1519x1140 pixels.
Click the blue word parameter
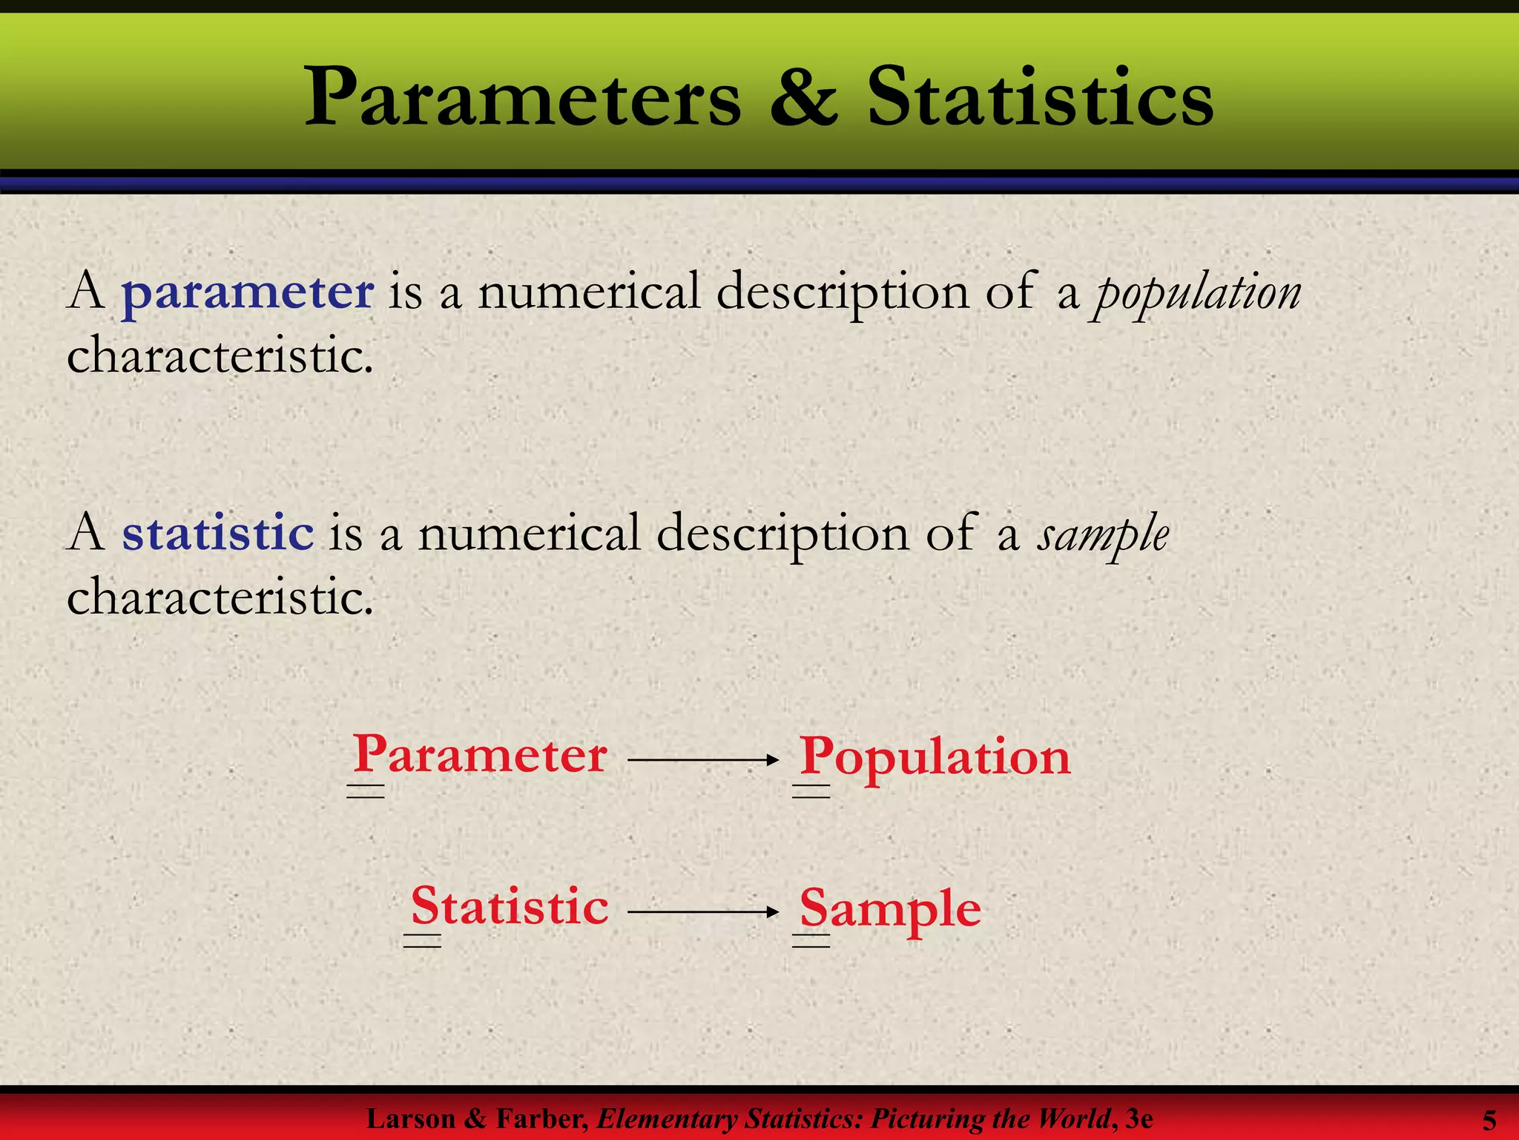[248, 292]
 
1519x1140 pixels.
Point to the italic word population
[1196, 293]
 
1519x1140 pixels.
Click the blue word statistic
[218, 533]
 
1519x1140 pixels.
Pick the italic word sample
[1103, 535]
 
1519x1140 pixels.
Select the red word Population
[935, 758]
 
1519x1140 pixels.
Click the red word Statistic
[510, 906]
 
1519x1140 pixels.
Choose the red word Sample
[890, 908]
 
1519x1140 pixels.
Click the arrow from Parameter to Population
[702, 759]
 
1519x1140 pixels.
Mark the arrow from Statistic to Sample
[702, 911]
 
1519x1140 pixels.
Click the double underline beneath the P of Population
[811, 791]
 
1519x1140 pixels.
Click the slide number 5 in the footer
[1489, 1120]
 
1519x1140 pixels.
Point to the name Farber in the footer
[541, 1118]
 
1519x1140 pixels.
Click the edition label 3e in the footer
[1139, 1118]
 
